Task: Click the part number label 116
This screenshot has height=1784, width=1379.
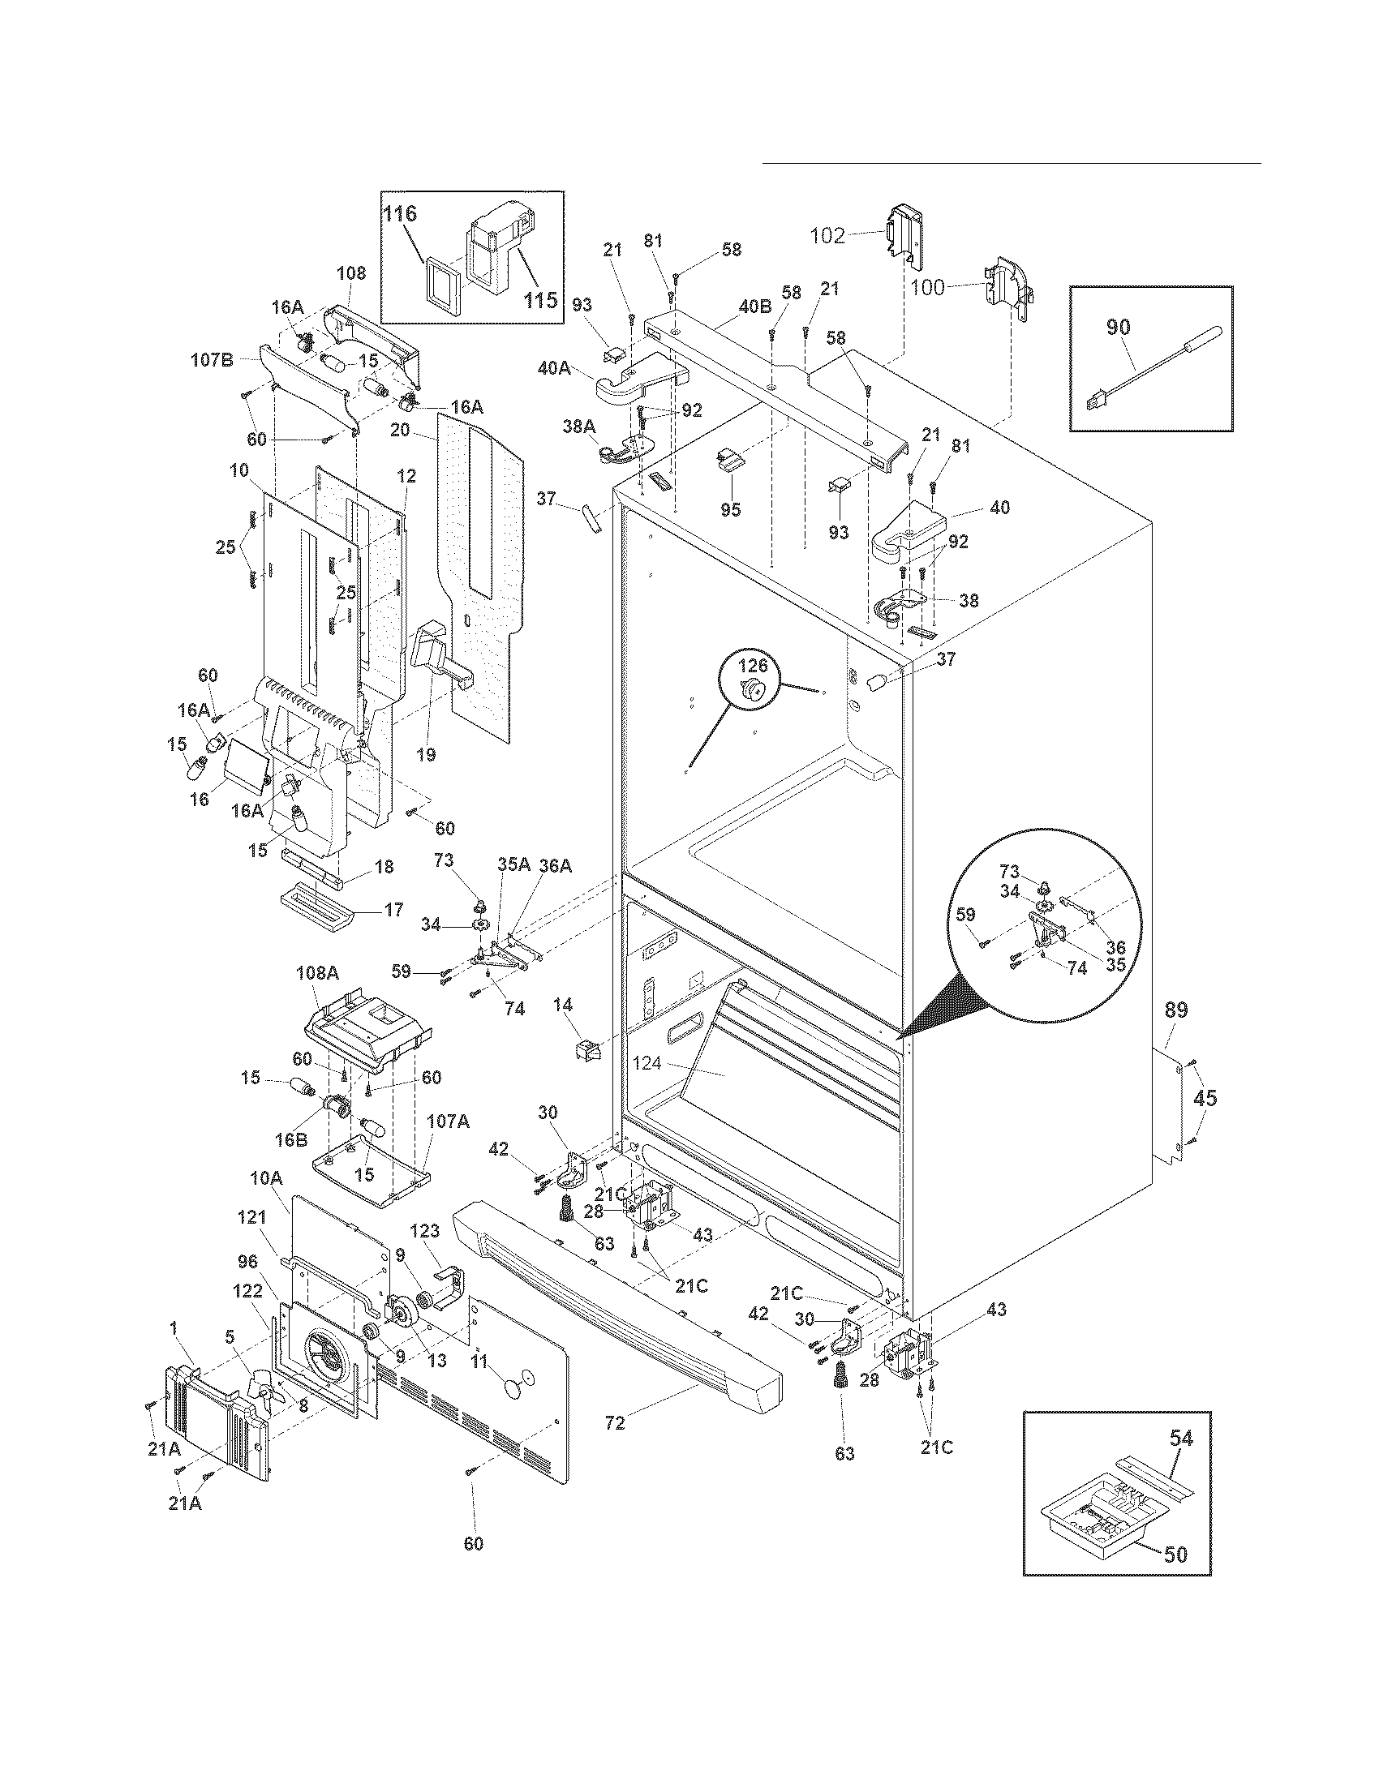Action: (x=400, y=214)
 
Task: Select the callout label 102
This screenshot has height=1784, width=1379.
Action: (x=827, y=236)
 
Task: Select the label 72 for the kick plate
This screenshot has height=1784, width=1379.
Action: (x=614, y=1423)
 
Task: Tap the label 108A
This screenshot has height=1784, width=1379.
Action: (x=321, y=973)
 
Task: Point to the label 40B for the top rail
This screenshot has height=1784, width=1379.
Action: (x=754, y=307)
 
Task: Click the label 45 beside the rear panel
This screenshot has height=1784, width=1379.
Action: (x=1205, y=1098)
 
